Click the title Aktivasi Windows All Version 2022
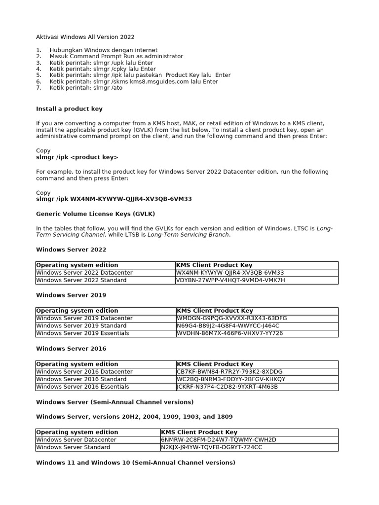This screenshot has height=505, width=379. click(85, 37)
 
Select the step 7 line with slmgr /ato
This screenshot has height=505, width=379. click(86, 88)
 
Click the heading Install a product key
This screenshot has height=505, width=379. click(69, 108)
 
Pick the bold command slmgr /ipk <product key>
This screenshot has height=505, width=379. click(77, 157)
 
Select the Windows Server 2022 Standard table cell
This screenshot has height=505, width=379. click(81, 280)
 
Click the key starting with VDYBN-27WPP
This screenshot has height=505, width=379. click(230, 280)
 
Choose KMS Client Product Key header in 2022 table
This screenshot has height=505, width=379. click(215, 265)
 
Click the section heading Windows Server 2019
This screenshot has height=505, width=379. click(71, 295)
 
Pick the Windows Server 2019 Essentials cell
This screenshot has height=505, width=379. click(83, 333)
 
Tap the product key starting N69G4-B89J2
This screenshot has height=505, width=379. click(228, 326)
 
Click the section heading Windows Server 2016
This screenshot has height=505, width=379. click(71, 349)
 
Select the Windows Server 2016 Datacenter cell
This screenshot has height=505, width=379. click(84, 372)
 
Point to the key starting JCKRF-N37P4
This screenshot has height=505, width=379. click(227, 387)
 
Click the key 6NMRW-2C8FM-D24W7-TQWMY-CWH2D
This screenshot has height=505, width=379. click(219, 440)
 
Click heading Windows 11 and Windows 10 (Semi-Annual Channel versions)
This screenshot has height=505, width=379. click(136, 463)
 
